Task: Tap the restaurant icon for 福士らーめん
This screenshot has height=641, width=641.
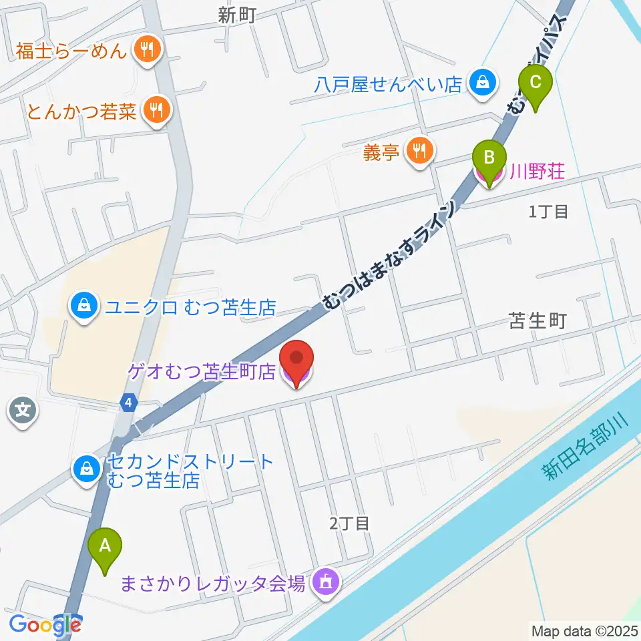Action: coord(144,49)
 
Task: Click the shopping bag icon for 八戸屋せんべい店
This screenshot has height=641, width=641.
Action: coord(480,83)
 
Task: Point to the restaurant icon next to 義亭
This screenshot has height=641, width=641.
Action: coord(419,152)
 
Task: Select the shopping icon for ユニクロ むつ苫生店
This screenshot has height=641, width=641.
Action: coord(84,306)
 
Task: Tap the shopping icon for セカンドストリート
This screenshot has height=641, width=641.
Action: coord(87,468)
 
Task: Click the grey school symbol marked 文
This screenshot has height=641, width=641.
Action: coord(23,409)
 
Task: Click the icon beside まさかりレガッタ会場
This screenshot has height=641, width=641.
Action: coord(325,582)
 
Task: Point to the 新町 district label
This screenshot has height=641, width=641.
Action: coord(237,17)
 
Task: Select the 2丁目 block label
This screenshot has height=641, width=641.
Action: coord(349,523)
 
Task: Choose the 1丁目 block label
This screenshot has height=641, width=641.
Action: coord(548,212)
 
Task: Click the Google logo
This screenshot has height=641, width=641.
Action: coord(45,625)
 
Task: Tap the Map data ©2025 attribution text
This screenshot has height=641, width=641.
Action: coord(583,630)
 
